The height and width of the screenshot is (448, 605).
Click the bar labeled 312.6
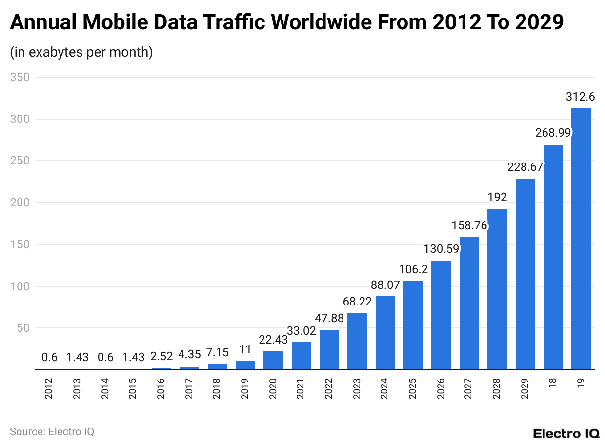[x=581, y=239]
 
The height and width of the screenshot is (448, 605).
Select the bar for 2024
[x=385, y=333]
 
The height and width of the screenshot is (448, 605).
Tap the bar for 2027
[x=469, y=304]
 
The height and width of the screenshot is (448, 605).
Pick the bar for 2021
[x=301, y=356]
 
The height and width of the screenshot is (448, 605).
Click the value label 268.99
[x=553, y=133]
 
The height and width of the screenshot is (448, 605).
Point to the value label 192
[x=497, y=197]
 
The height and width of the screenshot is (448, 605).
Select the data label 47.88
[x=329, y=318]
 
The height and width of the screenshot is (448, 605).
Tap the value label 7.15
[x=217, y=352]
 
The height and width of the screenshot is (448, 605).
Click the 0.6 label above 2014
[x=105, y=357]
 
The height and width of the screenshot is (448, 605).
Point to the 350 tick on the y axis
[x=20, y=77]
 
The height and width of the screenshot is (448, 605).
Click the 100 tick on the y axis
[x=20, y=286]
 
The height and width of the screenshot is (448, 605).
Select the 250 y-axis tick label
[x=20, y=161]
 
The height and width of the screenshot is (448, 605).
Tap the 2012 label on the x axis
[x=49, y=388]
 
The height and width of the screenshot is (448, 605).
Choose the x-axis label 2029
[x=525, y=388]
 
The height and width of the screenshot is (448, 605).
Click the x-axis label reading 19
[x=581, y=384]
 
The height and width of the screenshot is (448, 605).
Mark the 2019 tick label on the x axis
[x=245, y=388]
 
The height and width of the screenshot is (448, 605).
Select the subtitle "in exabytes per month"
[x=81, y=52]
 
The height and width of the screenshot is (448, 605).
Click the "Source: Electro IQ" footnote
[x=52, y=432]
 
